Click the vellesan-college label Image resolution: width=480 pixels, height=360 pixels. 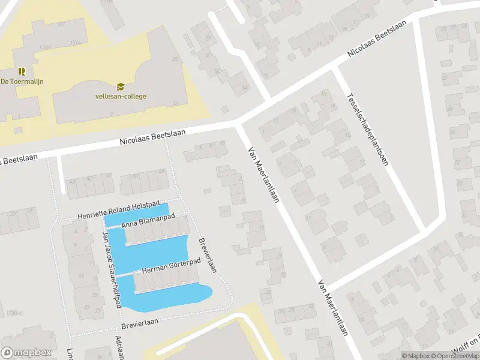121,96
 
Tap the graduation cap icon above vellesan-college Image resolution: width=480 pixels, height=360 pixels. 121,86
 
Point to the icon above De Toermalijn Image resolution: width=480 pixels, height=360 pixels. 21,71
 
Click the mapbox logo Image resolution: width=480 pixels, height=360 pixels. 26,353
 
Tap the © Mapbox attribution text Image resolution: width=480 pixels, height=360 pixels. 416,356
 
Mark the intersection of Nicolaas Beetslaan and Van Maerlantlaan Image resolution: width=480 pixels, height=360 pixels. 239,123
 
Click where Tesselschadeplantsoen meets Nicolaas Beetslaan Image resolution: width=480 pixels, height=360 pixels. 334,68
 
